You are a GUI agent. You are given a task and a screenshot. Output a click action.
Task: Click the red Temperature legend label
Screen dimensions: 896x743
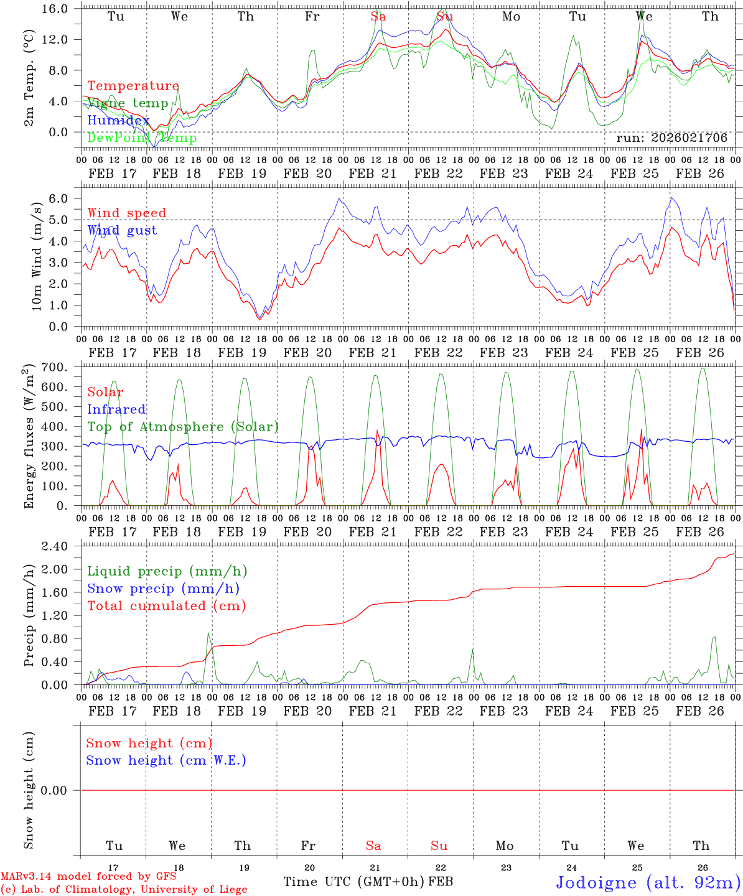click(133, 86)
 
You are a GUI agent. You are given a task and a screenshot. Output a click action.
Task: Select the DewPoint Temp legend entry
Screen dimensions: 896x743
click(142, 138)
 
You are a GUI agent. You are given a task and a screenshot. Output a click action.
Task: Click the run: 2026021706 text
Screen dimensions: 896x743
click(671, 138)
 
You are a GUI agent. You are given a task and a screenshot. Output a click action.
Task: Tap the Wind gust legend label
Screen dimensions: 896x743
click(122, 230)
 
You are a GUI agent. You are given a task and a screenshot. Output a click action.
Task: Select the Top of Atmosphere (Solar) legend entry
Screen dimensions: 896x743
click(183, 427)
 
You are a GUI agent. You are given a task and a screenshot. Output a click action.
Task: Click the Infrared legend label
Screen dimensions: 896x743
click(116, 409)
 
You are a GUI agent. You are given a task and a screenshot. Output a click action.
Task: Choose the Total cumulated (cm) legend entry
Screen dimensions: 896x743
click(167, 605)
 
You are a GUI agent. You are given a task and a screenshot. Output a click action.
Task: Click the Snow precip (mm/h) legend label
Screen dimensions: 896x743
click(163, 589)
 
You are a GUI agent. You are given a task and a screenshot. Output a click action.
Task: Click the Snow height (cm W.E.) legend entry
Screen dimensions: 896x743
click(166, 760)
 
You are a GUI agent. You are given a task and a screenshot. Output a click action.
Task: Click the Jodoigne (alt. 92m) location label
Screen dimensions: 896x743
click(648, 882)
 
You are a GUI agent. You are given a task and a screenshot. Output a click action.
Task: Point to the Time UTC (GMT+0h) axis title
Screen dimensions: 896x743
click(354, 882)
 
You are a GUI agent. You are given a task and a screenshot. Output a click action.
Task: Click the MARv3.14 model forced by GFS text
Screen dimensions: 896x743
click(88, 876)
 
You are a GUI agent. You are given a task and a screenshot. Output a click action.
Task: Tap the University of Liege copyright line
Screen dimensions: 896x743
click(124, 889)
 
